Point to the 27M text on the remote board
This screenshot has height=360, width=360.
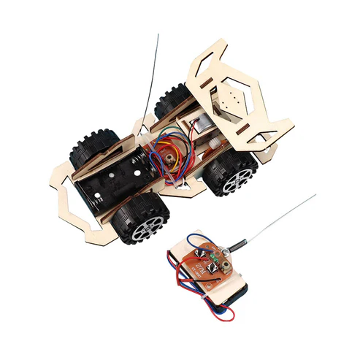coord(214,260)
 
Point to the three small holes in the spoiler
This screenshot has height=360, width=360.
coord(231,99)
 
